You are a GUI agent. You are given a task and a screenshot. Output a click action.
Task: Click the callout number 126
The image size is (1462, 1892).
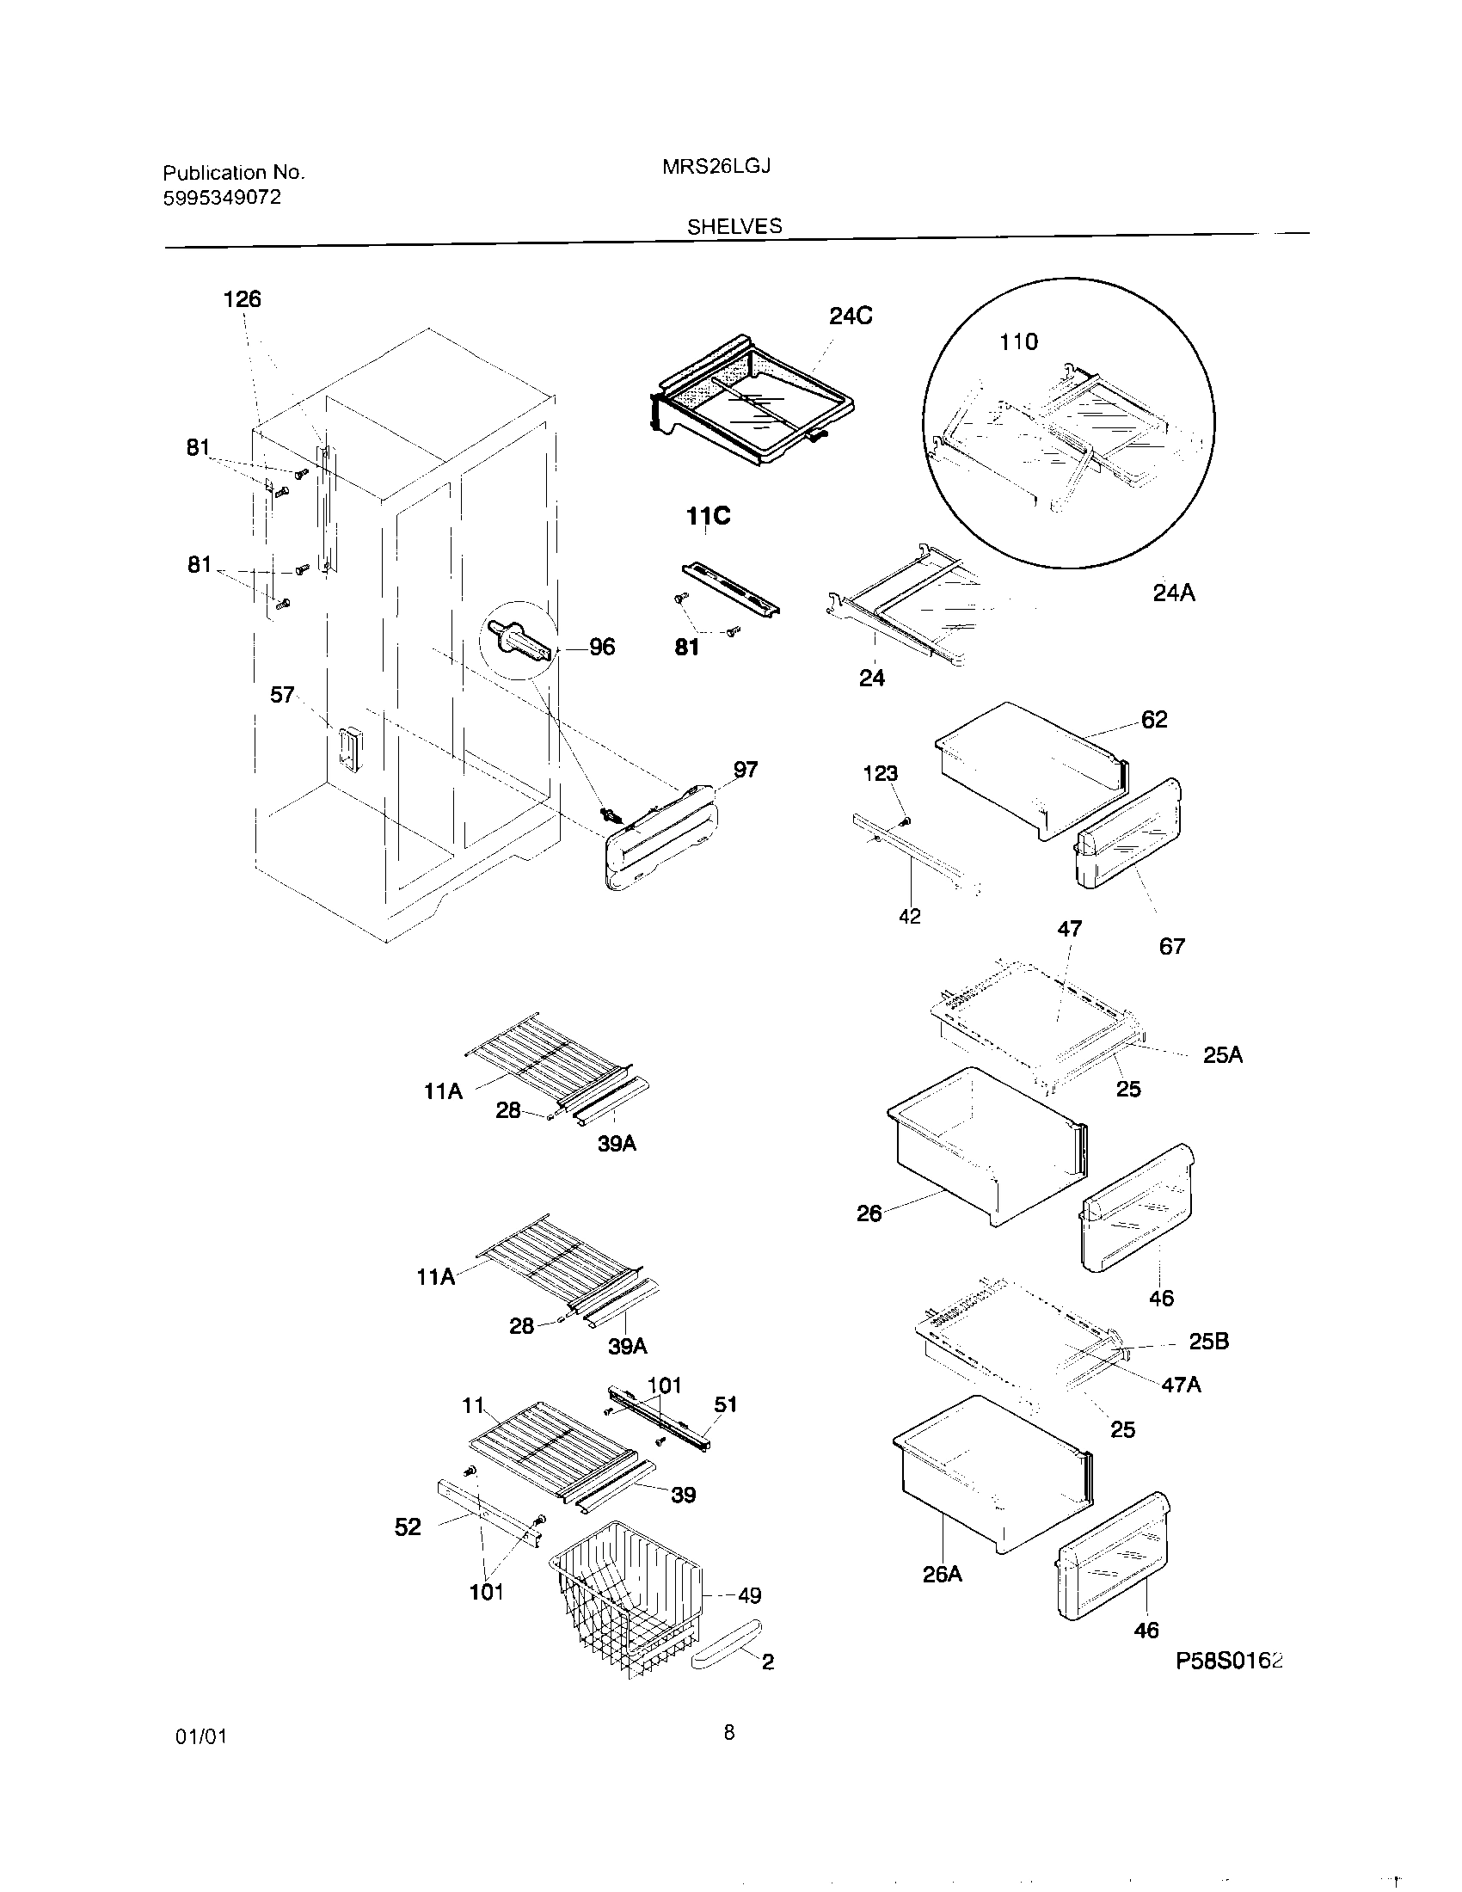point(242,300)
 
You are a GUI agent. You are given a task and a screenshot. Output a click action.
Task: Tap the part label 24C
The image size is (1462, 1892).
point(850,316)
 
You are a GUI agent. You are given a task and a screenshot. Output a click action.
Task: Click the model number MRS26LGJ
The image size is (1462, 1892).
point(716,166)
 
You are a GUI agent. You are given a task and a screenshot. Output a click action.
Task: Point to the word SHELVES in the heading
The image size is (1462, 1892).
point(734,226)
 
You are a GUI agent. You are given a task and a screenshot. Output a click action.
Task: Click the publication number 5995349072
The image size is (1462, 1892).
point(222,198)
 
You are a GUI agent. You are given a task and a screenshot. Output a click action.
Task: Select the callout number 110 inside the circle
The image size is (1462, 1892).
point(1017,342)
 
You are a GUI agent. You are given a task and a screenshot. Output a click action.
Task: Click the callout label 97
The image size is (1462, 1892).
point(745,770)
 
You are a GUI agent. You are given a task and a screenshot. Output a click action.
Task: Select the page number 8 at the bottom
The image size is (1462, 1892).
point(729,1733)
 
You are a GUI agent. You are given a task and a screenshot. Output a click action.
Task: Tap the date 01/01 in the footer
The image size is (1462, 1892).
point(200,1736)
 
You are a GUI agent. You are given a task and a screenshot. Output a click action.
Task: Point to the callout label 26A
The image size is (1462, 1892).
point(943,1574)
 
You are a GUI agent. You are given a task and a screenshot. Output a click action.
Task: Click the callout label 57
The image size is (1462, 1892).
point(282,695)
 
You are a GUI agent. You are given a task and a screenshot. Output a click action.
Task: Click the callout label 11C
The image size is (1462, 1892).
point(708,516)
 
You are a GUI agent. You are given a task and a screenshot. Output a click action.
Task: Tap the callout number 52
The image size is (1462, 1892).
point(407,1527)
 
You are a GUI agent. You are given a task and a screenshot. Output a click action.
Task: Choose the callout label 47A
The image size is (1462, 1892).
point(1181,1385)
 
